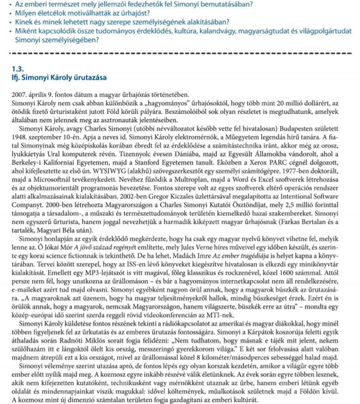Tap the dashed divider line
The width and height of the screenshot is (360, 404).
coord(181,54)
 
